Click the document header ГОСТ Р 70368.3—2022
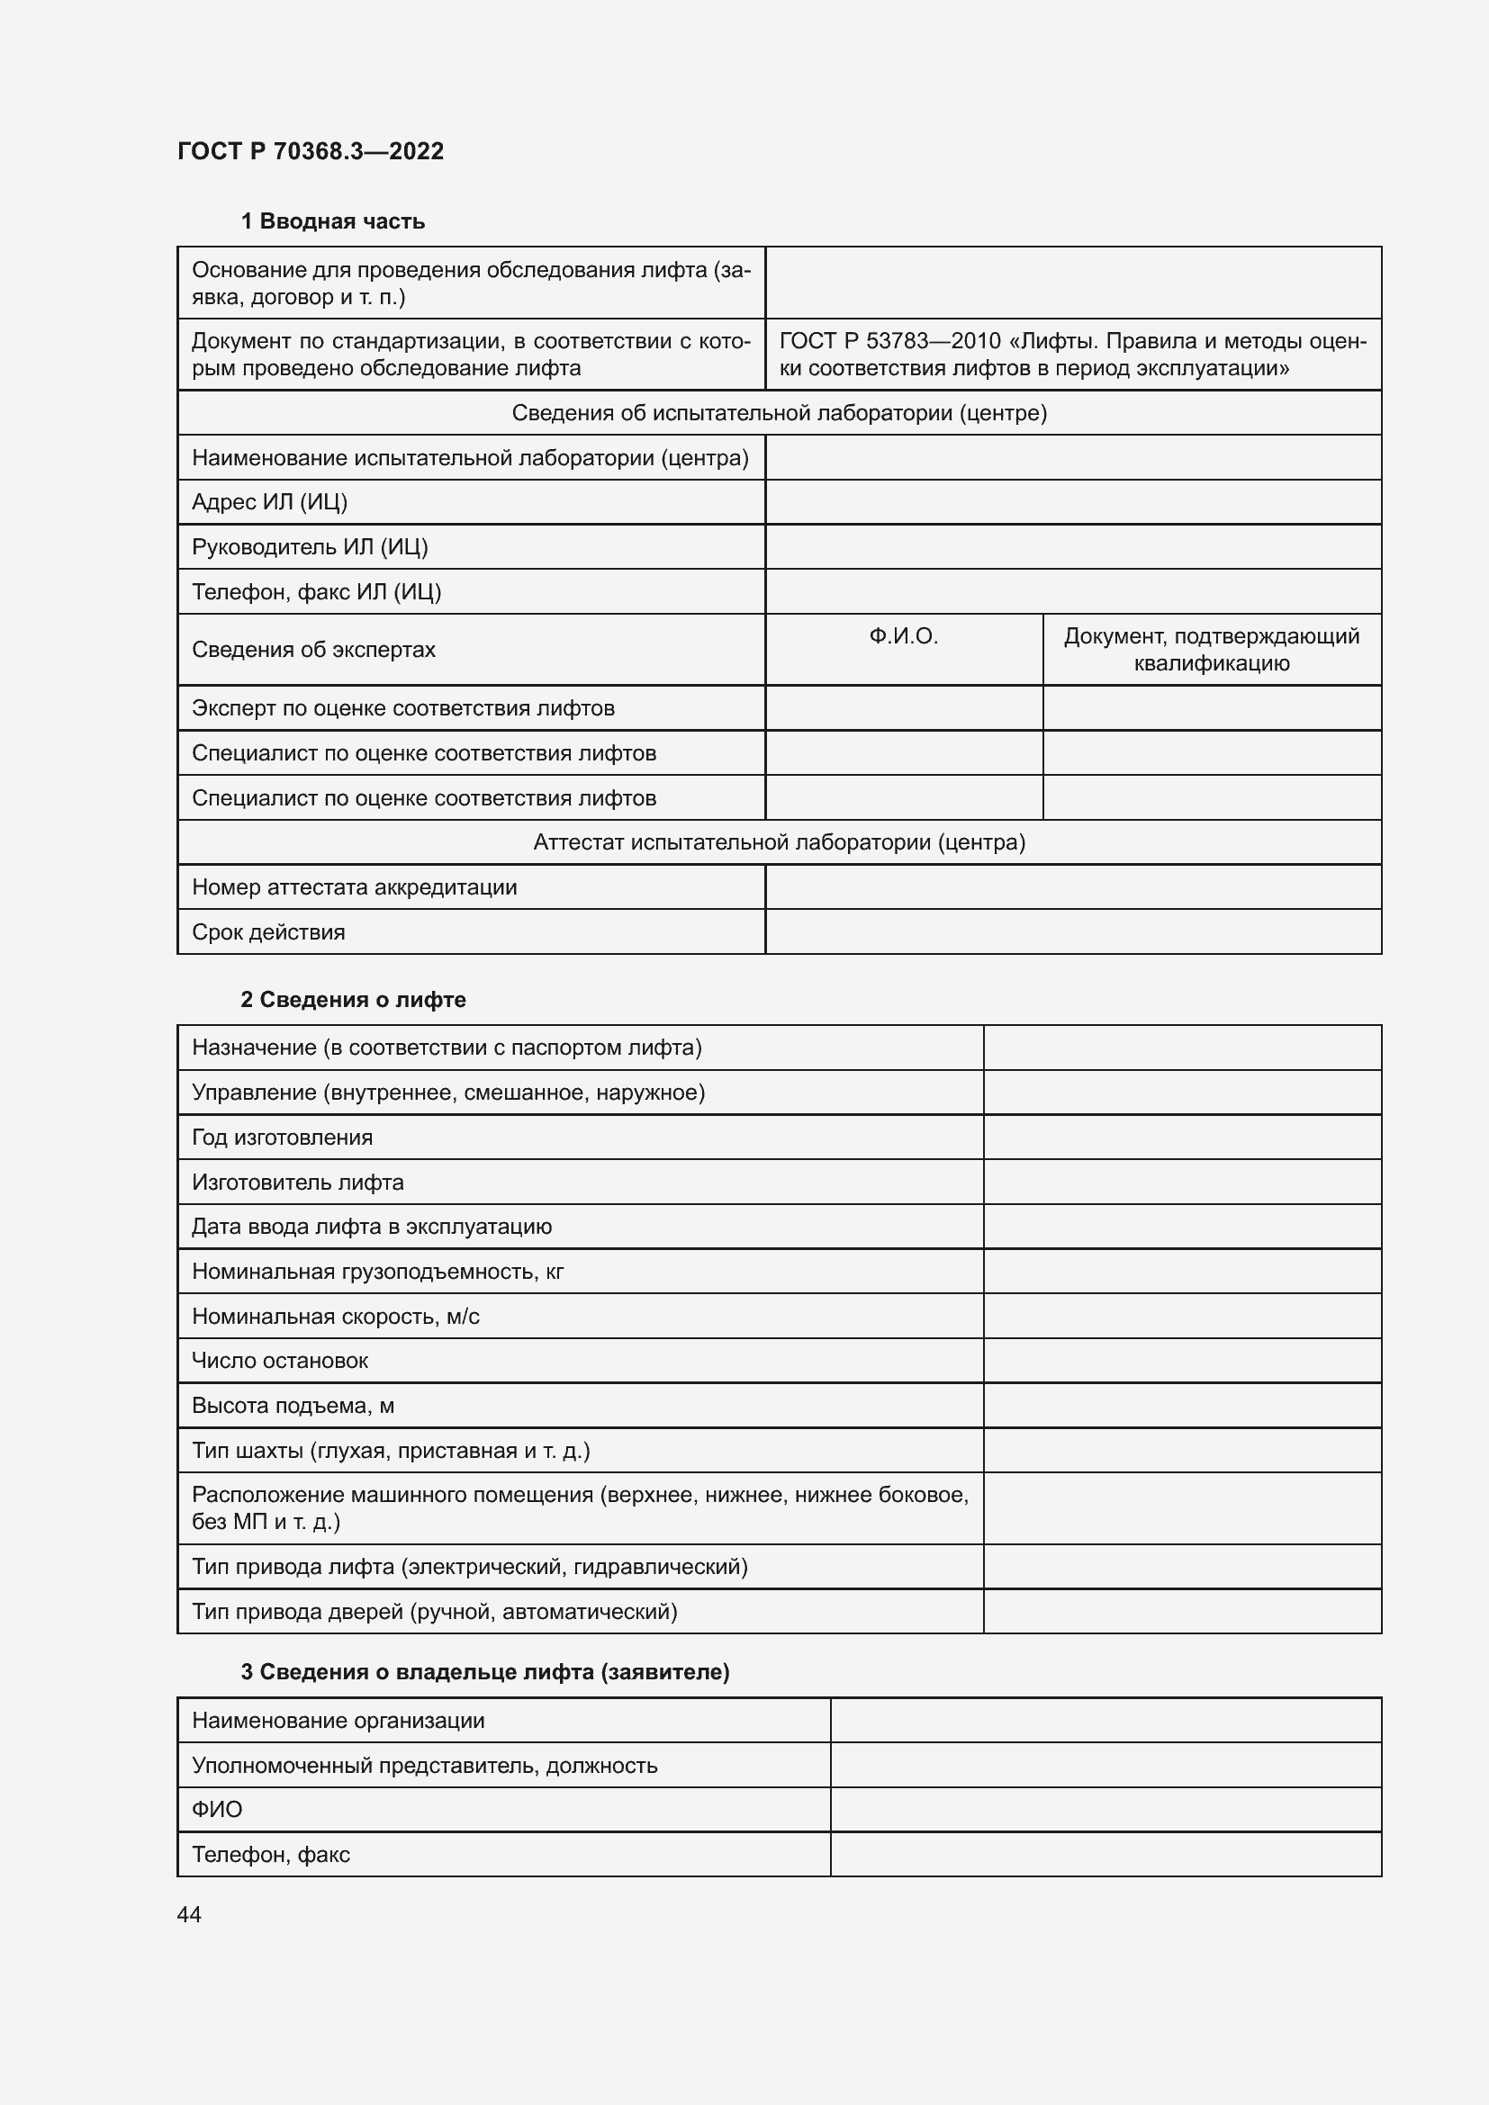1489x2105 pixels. pyautogui.click(x=310, y=151)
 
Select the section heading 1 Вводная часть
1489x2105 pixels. pyautogui.click(x=332, y=221)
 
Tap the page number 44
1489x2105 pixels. pyautogui.click(x=189, y=1914)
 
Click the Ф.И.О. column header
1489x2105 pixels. pyautogui.click(x=903, y=636)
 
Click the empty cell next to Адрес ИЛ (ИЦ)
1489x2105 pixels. pyautogui.click(x=1073, y=502)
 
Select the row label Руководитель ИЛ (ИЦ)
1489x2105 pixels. pyautogui.click(x=310, y=547)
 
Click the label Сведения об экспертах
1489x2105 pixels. pyautogui.click(x=313, y=650)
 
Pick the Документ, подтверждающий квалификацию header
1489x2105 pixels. pyautogui.click(x=1211, y=649)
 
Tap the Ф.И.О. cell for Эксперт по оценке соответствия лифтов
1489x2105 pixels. pyautogui.click(x=903, y=708)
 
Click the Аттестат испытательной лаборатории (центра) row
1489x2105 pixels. pyautogui.click(x=780, y=842)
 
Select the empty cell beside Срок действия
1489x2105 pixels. pyautogui.click(x=1073, y=932)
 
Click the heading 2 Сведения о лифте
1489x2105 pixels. pyautogui.click(x=353, y=999)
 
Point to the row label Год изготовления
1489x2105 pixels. pyautogui.click(x=283, y=1138)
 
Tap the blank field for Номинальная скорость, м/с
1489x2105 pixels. pyautogui.click(x=1182, y=1317)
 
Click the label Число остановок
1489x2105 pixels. pyautogui.click(x=280, y=1361)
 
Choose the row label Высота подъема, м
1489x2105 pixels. pyautogui.click(x=293, y=1406)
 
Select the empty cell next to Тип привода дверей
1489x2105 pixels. pyautogui.click(x=1182, y=1612)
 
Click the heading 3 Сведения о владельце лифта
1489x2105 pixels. pyautogui.click(x=485, y=1672)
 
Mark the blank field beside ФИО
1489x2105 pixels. pyautogui.click(x=1105, y=1810)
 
